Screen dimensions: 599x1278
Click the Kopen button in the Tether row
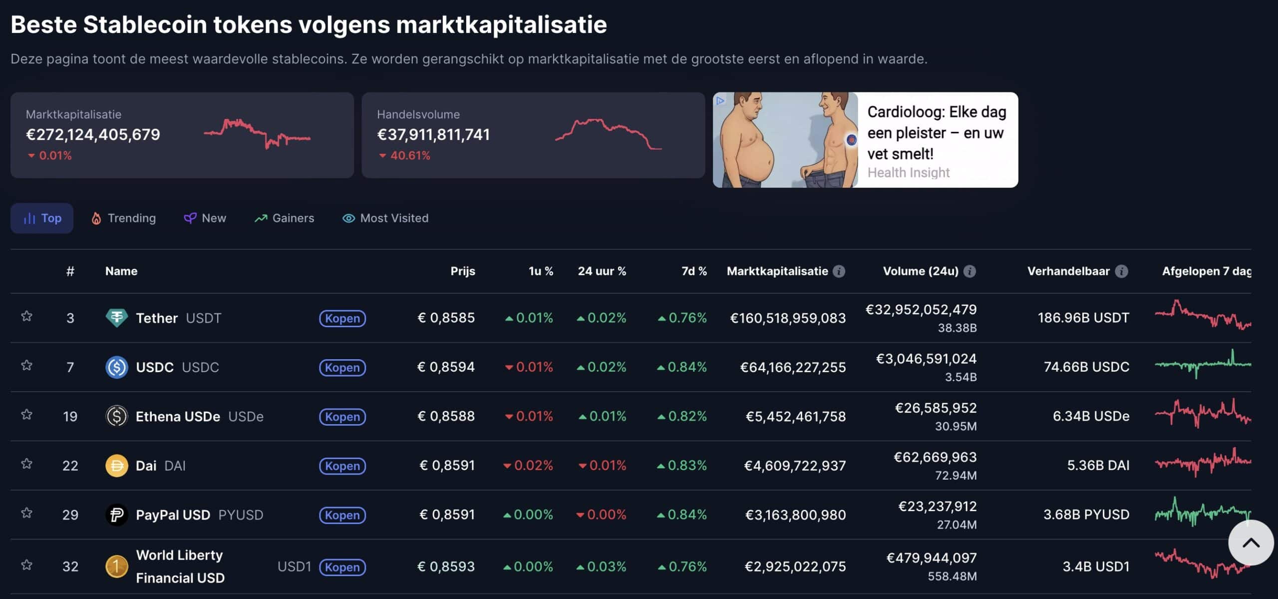click(x=342, y=318)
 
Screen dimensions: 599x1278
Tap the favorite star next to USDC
click(x=27, y=366)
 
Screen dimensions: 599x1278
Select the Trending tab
click(x=123, y=218)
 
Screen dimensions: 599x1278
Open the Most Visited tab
click(x=385, y=218)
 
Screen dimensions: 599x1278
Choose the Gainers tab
click(x=284, y=218)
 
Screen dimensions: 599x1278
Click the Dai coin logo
click(x=116, y=466)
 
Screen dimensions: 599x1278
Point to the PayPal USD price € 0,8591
click(x=447, y=515)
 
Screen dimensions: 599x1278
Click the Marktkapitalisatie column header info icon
click(x=839, y=271)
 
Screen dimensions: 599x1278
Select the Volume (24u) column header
click(x=921, y=271)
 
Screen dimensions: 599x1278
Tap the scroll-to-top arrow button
click(x=1251, y=543)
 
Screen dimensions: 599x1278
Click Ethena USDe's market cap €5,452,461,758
click(x=795, y=417)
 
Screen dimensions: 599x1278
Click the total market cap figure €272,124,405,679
click(x=93, y=134)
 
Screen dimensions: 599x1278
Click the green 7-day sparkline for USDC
click(x=1203, y=365)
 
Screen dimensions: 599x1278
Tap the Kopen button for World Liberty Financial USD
click(x=342, y=567)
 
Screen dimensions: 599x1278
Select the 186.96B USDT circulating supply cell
click(x=1083, y=318)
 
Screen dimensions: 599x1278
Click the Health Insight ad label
click(x=908, y=173)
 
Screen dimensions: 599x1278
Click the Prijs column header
click(x=462, y=271)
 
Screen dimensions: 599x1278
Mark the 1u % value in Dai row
click(x=528, y=466)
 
